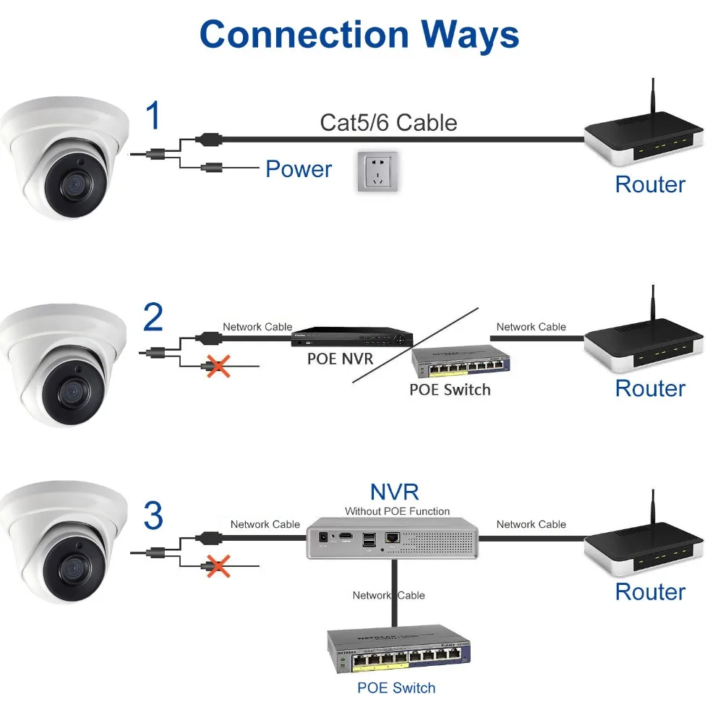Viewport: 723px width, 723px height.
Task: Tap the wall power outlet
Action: click(x=377, y=172)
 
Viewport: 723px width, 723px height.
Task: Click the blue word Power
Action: click(x=299, y=169)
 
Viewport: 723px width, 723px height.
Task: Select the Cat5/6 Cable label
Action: click(x=388, y=122)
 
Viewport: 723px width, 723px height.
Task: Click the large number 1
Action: click(x=153, y=116)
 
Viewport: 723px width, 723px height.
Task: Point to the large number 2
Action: click(x=153, y=317)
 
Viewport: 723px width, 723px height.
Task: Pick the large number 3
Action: click(x=153, y=516)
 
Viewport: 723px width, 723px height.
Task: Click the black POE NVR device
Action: click(x=351, y=336)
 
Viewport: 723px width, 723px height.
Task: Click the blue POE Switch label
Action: click(x=396, y=688)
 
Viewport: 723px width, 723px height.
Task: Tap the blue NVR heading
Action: click(x=395, y=492)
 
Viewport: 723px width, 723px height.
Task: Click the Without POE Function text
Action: click(x=397, y=511)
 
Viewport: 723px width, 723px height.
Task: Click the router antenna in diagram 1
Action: click(x=653, y=101)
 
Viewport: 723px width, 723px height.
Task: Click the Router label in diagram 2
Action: click(x=650, y=388)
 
